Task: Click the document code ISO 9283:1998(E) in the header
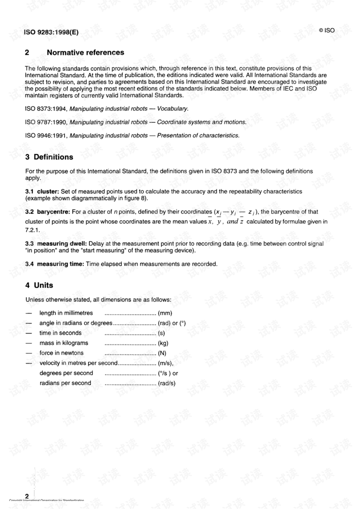[x=51, y=32]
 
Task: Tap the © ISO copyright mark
[x=327, y=30]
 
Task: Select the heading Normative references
[x=85, y=53]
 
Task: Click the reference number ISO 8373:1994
[x=46, y=109]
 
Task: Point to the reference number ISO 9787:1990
[x=46, y=122]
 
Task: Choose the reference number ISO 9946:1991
[x=46, y=136]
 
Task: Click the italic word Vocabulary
[x=172, y=109]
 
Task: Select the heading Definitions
[x=53, y=157]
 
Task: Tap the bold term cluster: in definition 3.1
[x=48, y=192]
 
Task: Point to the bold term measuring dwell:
[x=62, y=244]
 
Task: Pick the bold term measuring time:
[x=60, y=264]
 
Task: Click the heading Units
[x=43, y=285]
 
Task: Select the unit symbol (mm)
[x=165, y=313]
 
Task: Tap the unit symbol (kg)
[x=163, y=343]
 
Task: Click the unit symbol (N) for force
[x=162, y=353]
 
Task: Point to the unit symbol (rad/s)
[x=166, y=383]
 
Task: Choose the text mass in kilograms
[x=64, y=343]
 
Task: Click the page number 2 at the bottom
[x=27, y=496]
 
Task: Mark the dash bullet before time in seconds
[x=29, y=333]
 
